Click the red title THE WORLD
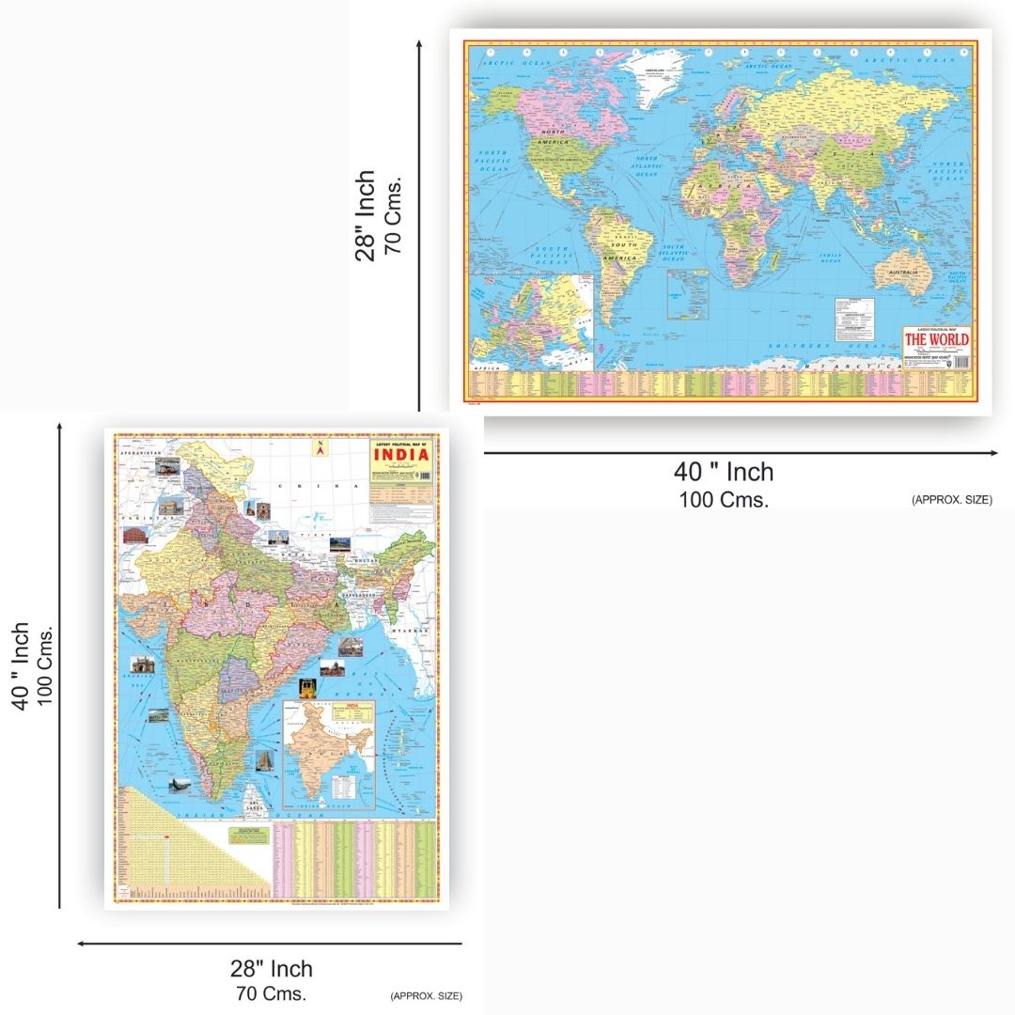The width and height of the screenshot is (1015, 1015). point(937,339)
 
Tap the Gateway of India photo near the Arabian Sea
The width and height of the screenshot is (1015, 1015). point(143,664)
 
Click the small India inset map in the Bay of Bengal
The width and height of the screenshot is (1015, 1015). point(331,752)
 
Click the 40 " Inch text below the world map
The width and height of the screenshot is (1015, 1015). point(723,472)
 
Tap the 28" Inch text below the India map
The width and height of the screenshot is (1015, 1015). point(272,968)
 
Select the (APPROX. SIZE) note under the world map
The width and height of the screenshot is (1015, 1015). point(951,500)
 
